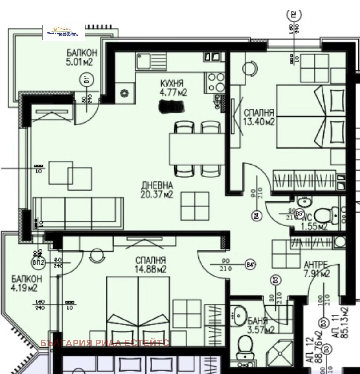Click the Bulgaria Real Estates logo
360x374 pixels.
tap(64, 33)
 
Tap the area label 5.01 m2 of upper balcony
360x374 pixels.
tap(80, 62)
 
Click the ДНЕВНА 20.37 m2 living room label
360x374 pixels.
tap(157, 190)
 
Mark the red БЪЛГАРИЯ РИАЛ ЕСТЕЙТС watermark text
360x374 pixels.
tap(105, 343)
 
